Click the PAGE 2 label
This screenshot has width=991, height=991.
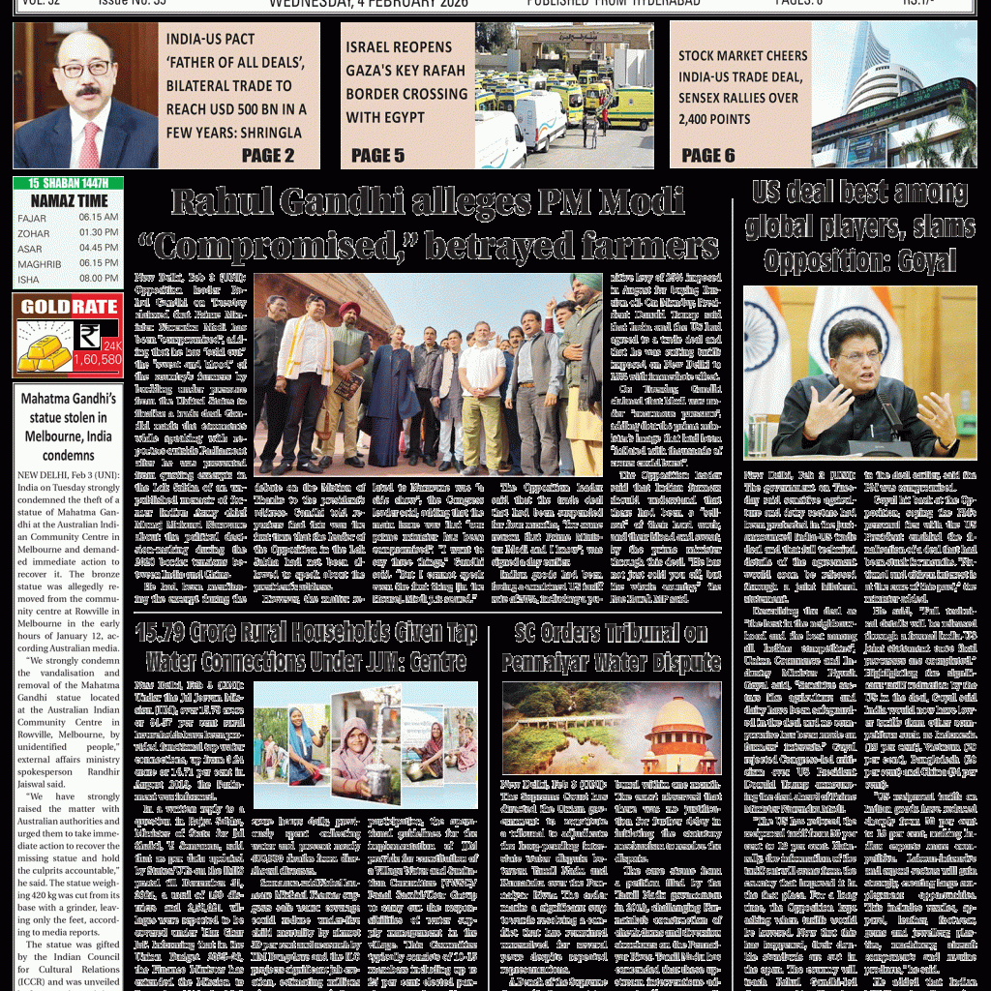pos(268,155)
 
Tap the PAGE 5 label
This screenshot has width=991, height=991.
pos(377,155)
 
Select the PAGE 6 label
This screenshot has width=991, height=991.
pos(708,155)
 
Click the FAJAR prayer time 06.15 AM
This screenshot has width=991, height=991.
pos(99,218)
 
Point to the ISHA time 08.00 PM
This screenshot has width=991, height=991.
pos(99,279)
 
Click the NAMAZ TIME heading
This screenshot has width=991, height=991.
pos(69,200)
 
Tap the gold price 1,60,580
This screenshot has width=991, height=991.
pos(97,359)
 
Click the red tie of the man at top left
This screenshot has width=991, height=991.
pos(90,145)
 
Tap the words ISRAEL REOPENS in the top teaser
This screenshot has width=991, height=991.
pos(399,46)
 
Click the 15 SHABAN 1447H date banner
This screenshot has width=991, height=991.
pos(69,183)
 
